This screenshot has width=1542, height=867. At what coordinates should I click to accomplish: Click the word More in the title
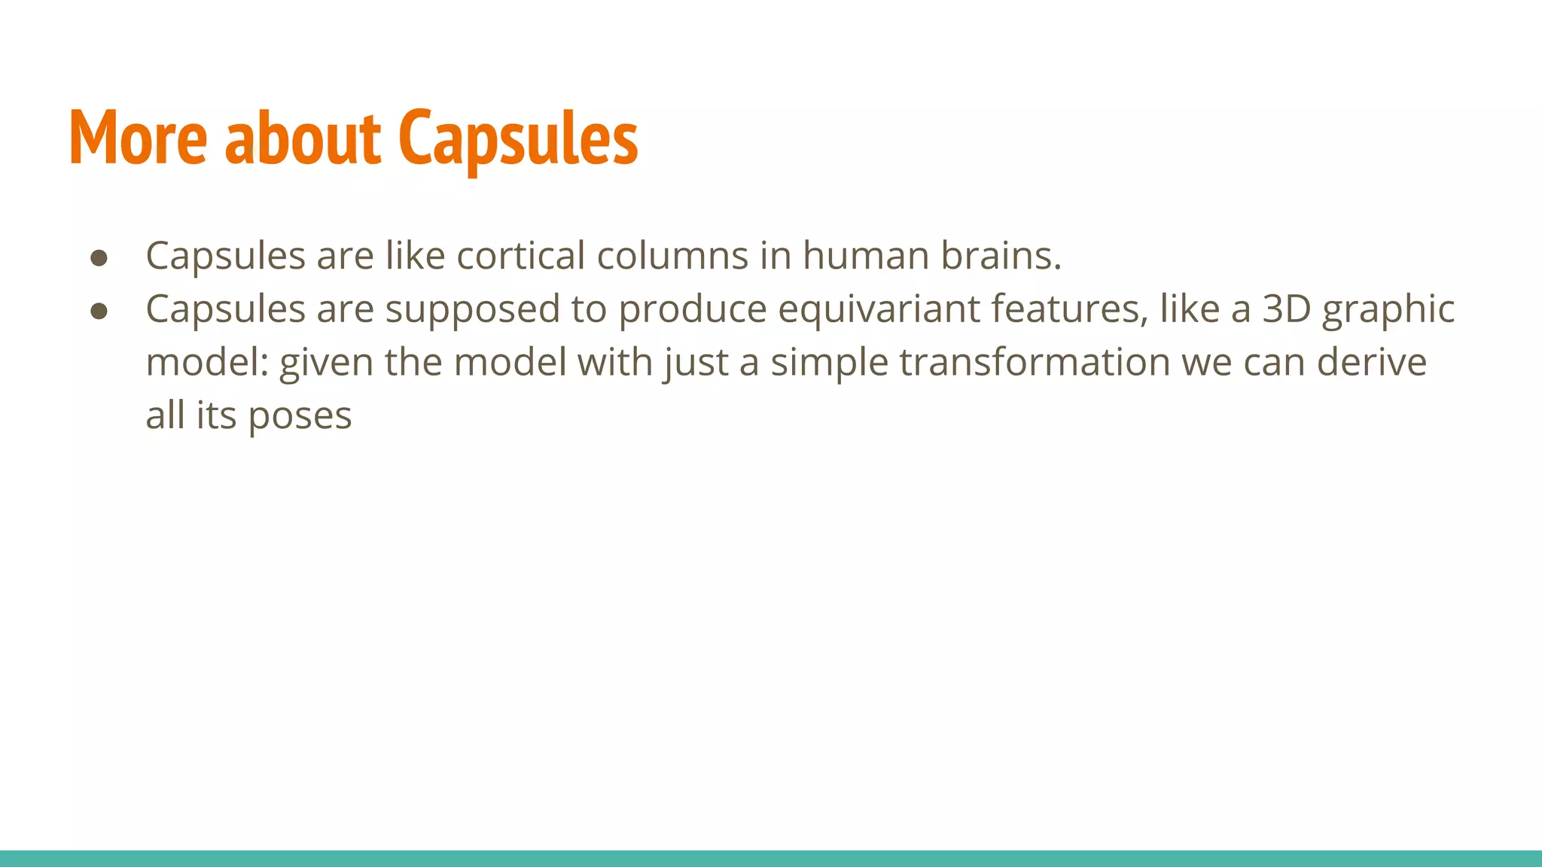[138, 138]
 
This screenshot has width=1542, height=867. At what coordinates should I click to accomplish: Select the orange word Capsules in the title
[518, 138]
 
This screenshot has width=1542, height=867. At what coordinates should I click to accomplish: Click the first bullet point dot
[99, 258]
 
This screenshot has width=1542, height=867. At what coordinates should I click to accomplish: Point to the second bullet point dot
[99, 311]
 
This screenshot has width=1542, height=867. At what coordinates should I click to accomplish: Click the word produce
[692, 309]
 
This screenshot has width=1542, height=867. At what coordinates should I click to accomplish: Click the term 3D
[1287, 309]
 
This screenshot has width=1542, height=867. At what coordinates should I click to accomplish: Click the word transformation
[1035, 363]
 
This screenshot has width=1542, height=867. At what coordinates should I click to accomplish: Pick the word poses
[300, 416]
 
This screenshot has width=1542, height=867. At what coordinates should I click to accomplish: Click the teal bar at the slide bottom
[771, 859]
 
